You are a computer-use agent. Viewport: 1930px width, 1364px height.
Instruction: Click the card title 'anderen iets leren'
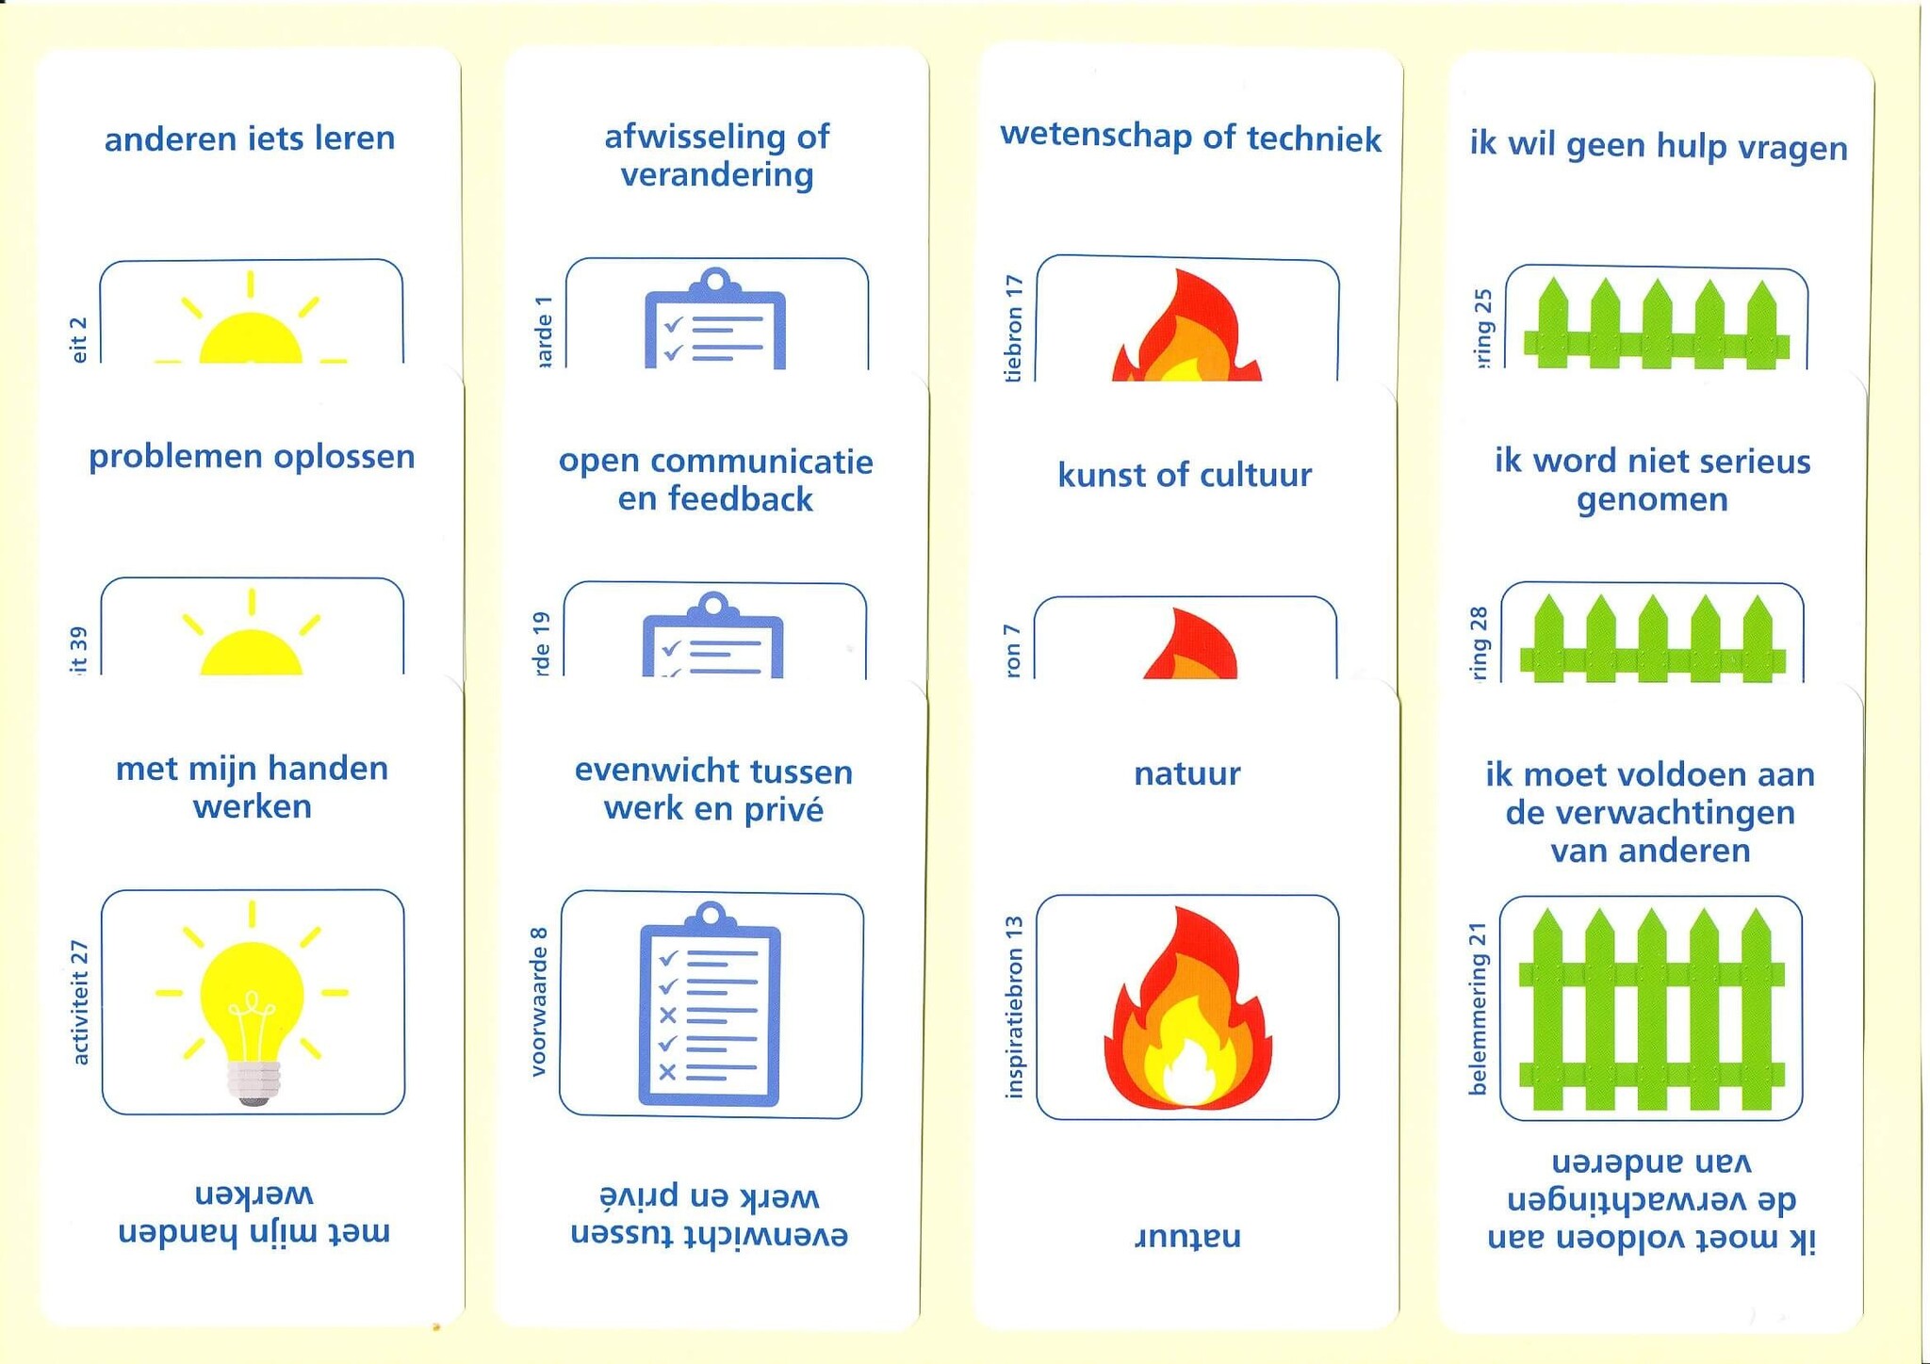tap(250, 139)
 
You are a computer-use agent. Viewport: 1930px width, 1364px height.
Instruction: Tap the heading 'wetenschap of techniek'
tap(1190, 138)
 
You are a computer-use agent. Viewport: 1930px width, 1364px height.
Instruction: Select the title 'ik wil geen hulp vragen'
tap(1659, 147)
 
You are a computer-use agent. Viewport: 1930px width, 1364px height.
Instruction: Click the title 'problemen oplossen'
tap(252, 457)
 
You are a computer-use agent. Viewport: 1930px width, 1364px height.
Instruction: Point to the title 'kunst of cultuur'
tap(1185, 475)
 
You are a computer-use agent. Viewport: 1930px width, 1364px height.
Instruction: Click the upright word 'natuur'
tap(1186, 773)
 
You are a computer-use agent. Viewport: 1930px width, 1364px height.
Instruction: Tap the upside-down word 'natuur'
tap(1187, 1235)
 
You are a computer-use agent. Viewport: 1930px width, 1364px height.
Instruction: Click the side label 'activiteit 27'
tap(80, 1002)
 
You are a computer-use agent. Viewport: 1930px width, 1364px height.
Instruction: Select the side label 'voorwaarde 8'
tap(538, 1001)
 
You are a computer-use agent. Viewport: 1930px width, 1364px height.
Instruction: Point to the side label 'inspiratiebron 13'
tap(1014, 1006)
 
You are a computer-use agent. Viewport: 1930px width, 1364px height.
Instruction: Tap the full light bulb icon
tap(253, 1002)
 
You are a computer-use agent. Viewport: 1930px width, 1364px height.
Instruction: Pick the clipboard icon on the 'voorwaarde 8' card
tap(711, 1004)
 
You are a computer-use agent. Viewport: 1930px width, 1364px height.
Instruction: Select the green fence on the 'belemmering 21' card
tap(1651, 1008)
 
